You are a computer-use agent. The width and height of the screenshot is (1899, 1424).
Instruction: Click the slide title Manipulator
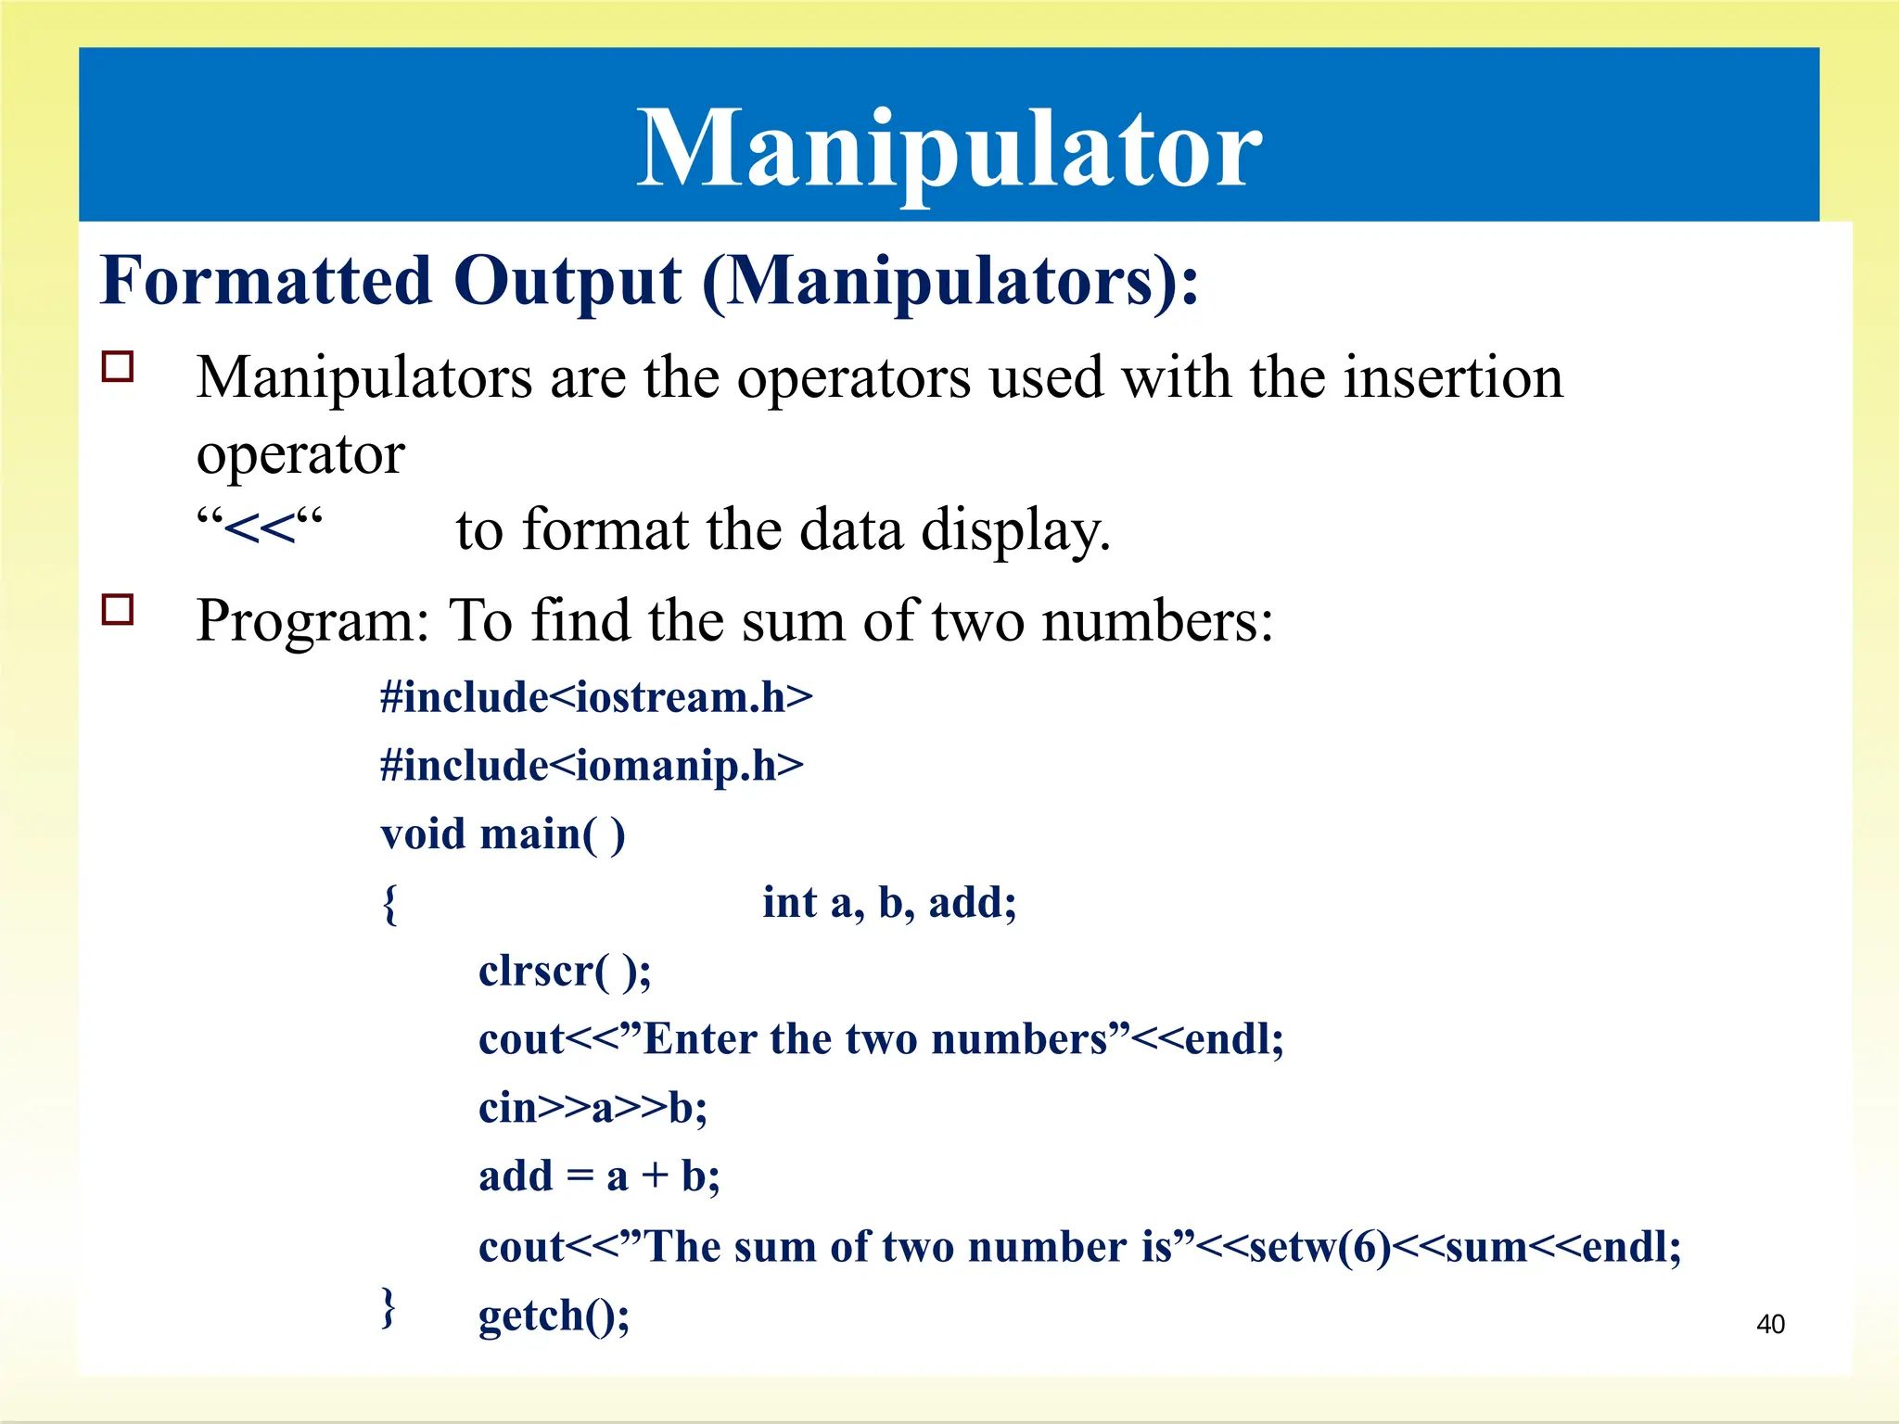tap(949, 148)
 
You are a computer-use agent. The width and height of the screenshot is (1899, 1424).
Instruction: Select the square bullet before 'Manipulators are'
tap(118, 367)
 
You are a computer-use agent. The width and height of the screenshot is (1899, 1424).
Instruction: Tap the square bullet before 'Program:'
tap(118, 610)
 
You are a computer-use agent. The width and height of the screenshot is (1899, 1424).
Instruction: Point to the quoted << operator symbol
tap(260, 528)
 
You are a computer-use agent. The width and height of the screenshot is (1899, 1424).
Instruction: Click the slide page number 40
tap(1770, 1324)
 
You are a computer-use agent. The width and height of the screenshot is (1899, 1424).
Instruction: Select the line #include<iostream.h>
tap(596, 697)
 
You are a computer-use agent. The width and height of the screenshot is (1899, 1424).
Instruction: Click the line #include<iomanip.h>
tap(592, 766)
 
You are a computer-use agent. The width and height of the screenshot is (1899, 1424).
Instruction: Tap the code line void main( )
tap(503, 833)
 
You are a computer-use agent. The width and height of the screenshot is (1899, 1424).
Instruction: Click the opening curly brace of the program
tap(390, 903)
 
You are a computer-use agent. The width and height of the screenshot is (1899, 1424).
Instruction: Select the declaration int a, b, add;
tap(889, 902)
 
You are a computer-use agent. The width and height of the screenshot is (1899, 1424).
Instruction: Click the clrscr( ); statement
tap(565, 971)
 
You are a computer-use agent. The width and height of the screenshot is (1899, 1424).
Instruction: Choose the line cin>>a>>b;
tap(593, 1108)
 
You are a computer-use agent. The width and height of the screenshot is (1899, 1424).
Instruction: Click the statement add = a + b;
tap(599, 1176)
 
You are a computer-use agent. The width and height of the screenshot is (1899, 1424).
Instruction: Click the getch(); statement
tap(554, 1316)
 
